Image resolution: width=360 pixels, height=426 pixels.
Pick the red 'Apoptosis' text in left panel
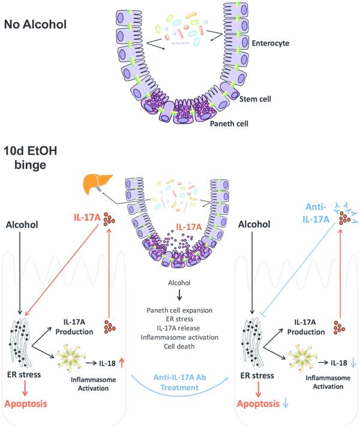[28, 404]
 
